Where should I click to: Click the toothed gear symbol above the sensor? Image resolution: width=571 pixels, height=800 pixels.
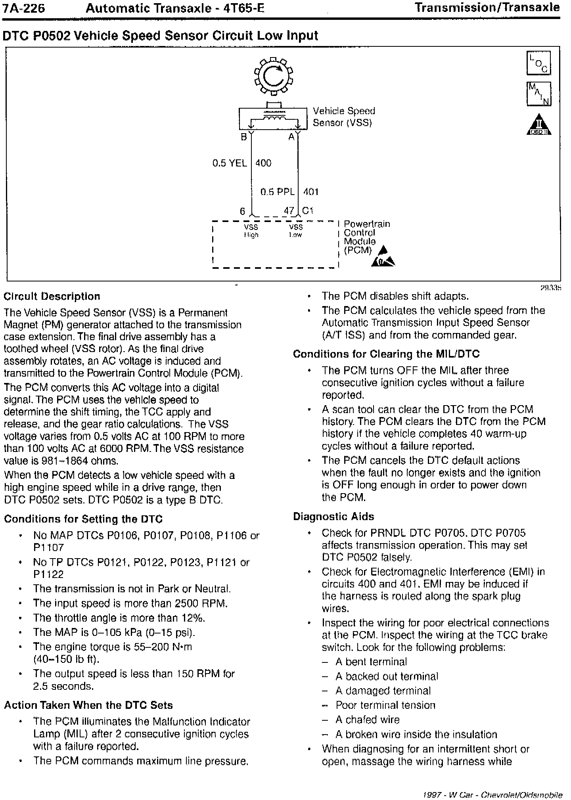[273, 77]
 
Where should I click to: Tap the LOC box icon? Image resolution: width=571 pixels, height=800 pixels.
[538, 63]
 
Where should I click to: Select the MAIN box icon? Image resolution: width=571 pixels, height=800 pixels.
[538, 94]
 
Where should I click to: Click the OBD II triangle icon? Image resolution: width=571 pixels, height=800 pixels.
[538, 124]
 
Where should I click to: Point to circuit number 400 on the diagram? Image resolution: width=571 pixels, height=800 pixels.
[263, 163]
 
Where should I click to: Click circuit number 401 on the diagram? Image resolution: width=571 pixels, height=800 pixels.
[311, 192]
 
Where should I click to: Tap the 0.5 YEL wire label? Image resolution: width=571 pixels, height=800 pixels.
[230, 163]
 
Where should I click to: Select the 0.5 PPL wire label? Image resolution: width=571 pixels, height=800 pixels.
[278, 192]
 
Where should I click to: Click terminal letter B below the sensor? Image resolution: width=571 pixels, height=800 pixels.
[244, 137]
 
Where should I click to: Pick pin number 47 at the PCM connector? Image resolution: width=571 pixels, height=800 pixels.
[289, 211]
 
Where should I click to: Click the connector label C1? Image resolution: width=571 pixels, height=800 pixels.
[308, 211]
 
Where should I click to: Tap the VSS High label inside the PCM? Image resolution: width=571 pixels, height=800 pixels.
[251, 231]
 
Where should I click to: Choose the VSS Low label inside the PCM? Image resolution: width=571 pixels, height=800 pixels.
[296, 231]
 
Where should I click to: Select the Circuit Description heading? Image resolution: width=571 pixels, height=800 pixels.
[52, 297]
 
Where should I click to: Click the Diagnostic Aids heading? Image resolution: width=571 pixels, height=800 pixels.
[333, 517]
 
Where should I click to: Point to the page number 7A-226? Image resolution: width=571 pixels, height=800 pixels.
[24, 8]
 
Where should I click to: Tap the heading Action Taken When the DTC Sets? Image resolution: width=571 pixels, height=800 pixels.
[88, 705]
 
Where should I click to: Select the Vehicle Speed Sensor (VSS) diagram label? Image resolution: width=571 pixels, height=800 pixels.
[343, 117]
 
